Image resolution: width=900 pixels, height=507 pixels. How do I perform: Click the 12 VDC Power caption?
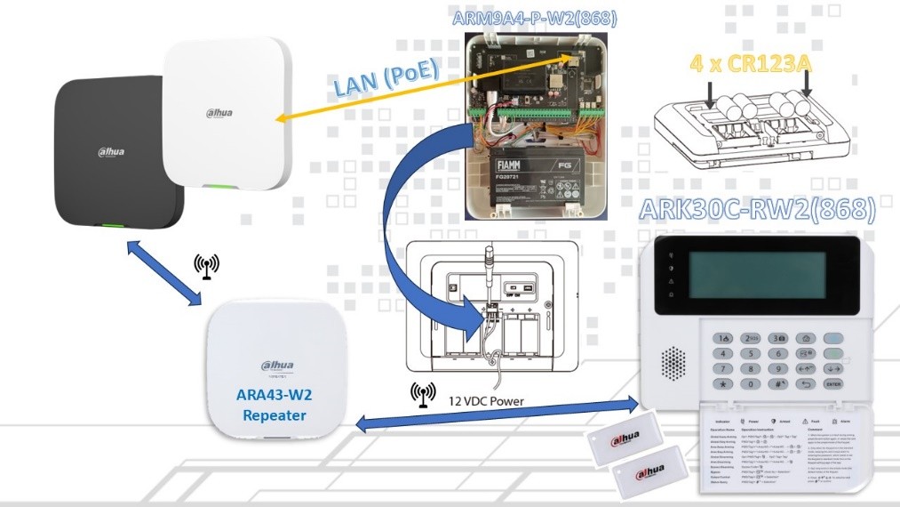pos(487,401)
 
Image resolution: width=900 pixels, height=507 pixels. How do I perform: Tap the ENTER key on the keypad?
pos(832,383)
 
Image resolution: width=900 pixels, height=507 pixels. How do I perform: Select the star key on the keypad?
pos(725,384)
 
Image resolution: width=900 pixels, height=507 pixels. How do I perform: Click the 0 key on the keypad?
pos(752,384)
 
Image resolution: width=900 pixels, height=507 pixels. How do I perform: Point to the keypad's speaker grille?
pos(673,360)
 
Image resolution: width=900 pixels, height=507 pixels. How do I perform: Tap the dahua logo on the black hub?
pos(111,152)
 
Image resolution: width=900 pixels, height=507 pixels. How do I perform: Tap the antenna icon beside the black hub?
pos(206,266)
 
